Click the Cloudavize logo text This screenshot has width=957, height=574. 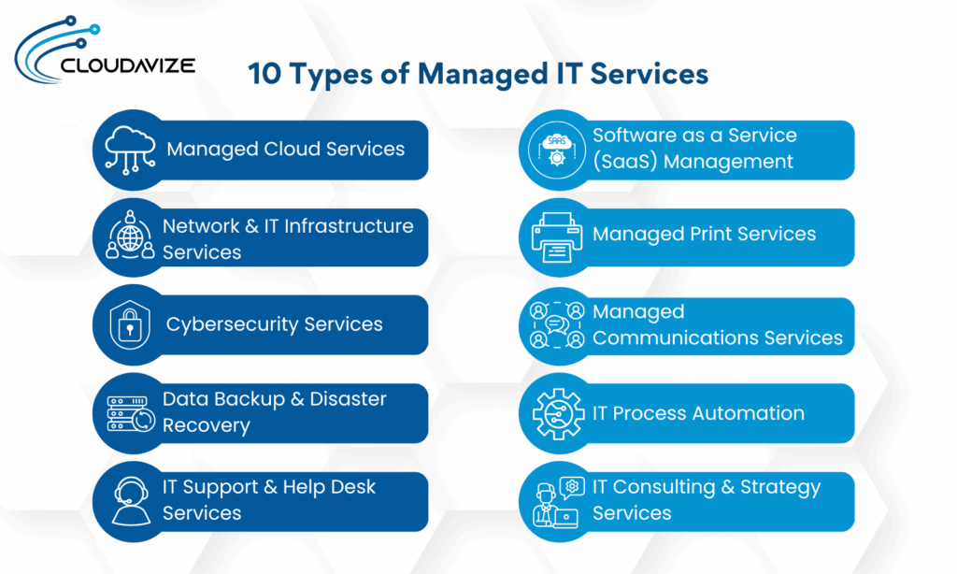pos(126,65)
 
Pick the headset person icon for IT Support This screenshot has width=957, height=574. pos(130,501)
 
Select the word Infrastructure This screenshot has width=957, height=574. pos(349,226)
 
